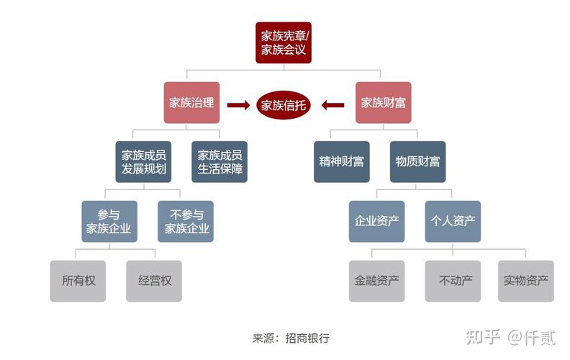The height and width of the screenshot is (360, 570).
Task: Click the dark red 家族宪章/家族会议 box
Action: click(x=284, y=42)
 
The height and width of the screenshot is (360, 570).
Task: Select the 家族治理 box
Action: click(x=191, y=102)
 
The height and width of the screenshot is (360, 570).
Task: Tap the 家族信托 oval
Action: click(x=284, y=105)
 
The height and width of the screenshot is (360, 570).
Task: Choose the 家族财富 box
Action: click(x=383, y=102)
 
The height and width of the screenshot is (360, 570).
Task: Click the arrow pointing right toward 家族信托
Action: click(x=237, y=105)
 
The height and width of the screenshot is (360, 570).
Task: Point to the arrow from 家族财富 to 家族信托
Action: click(x=332, y=105)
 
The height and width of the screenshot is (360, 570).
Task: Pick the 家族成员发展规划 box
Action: click(x=144, y=162)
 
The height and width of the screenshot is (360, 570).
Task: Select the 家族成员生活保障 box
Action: click(x=220, y=162)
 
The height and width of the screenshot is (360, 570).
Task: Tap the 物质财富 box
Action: click(x=417, y=162)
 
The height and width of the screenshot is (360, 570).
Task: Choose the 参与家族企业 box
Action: click(x=109, y=221)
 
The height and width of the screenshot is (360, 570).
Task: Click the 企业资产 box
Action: click(x=376, y=221)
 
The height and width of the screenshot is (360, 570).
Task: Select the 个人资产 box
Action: click(x=452, y=221)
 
